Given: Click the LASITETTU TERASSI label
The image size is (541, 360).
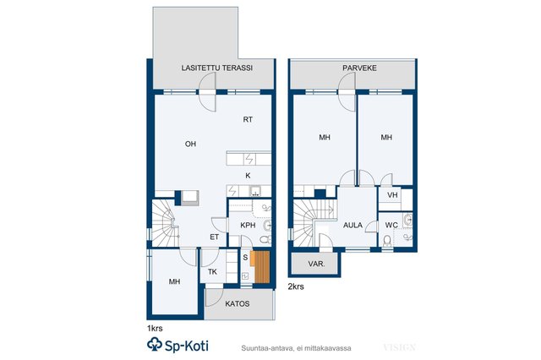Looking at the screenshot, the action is [x=217, y=68].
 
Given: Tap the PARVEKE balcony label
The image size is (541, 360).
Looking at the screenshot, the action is [x=359, y=68].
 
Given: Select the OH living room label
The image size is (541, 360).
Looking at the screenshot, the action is [x=190, y=144].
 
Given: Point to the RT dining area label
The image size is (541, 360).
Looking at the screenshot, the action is [x=248, y=120].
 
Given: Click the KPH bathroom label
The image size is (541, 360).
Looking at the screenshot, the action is [x=248, y=225].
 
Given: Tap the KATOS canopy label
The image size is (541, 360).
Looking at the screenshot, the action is [x=238, y=303].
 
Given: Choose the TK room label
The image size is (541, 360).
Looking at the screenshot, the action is [x=212, y=272].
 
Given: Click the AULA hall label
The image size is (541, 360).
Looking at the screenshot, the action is [x=352, y=225].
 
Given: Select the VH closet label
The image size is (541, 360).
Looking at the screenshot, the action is [x=392, y=195].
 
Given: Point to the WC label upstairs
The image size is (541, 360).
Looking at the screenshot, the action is [x=391, y=225].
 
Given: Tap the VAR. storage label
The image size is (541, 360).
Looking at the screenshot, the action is [x=316, y=265].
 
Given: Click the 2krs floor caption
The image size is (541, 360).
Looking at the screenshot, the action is [x=296, y=286].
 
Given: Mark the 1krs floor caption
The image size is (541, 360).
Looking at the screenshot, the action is [x=155, y=328].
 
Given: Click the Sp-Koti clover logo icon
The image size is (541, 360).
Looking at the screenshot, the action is [x=155, y=345].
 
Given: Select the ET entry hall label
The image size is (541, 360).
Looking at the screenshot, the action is [x=214, y=237].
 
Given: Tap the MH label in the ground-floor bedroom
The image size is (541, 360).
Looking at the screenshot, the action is [x=175, y=281].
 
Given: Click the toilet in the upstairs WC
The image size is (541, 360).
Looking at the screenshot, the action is [x=387, y=241].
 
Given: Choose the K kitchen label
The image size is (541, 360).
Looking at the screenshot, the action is [x=248, y=176].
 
